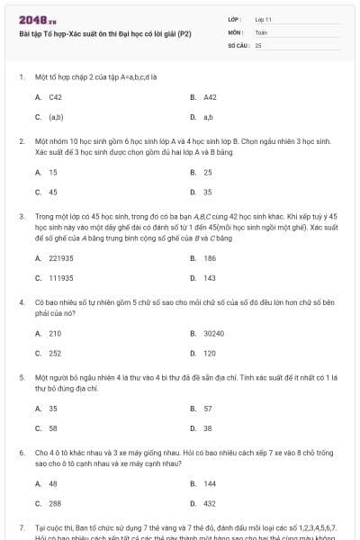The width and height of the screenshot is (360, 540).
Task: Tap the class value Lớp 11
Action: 263,19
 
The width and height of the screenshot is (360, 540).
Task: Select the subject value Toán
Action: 261,31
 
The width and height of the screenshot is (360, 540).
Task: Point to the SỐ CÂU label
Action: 238,44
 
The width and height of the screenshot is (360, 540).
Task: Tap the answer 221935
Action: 61,257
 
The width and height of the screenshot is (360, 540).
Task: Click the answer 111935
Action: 61,278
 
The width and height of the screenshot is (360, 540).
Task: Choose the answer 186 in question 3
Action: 210,257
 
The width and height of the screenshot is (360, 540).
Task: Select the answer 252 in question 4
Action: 56,354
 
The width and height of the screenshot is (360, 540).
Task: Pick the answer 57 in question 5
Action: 208,408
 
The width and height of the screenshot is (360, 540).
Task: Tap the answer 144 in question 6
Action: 210,482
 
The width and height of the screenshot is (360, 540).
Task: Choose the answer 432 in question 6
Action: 210,503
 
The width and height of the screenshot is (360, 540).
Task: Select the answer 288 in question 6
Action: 56,503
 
